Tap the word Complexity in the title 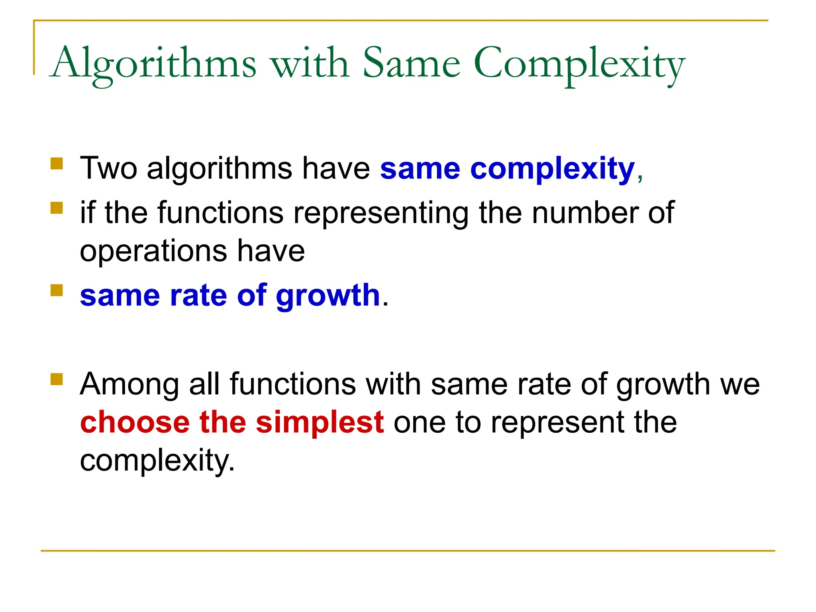pos(579,64)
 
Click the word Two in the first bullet pos(108,168)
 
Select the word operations pos(153,251)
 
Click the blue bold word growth pos(328,296)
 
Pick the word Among pos(129,384)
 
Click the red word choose pos(135,422)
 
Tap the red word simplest pos(320,422)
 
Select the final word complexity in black pos(157,461)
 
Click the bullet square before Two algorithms pos(57,164)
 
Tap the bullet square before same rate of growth pos(57,290)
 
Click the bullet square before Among pos(57,379)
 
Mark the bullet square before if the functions pos(57,208)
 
